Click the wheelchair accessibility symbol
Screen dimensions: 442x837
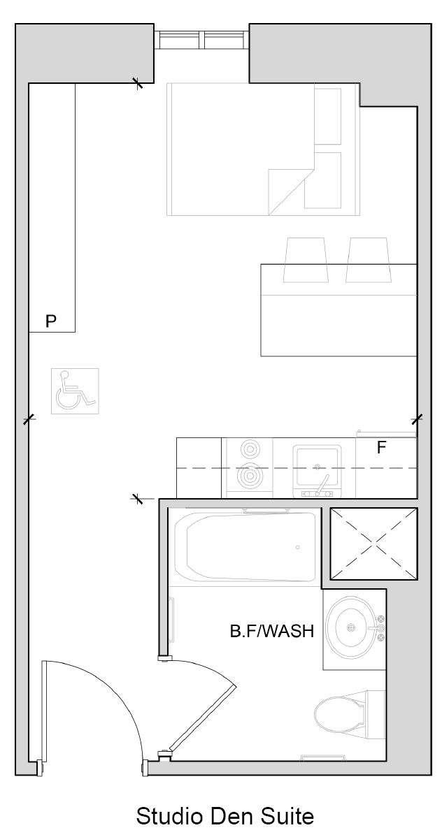[x=74, y=391]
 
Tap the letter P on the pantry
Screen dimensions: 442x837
[x=51, y=321]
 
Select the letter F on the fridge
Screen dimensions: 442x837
[x=382, y=447]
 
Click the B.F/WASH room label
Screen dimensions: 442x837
[x=271, y=631]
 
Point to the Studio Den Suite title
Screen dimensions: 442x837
[x=225, y=816]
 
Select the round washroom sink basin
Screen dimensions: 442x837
[x=352, y=627]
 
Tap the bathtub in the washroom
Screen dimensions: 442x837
[x=246, y=546]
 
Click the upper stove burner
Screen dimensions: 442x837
[x=248, y=448]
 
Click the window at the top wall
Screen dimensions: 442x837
[x=202, y=40]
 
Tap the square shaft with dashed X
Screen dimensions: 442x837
[x=373, y=544]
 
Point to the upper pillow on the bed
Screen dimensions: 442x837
[x=327, y=117]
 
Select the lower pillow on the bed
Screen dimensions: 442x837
[x=323, y=180]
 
